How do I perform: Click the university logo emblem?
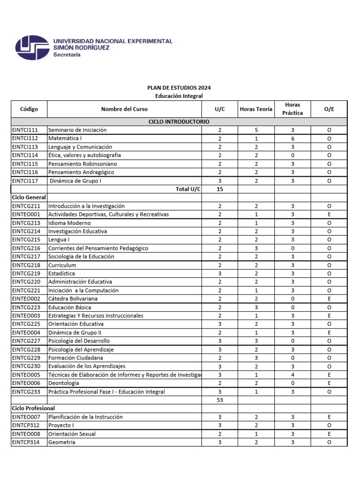click(x=32, y=48)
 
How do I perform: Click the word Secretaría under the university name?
click(x=67, y=55)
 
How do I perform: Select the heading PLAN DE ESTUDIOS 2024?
click(x=179, y=88)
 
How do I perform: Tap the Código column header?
click(x=29, y=109)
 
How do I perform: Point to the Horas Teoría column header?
click(x=255, y=109)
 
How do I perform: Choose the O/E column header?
click(x=329, y=109)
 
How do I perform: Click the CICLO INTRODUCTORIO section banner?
click(x=179, y=121)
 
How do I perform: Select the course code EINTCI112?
click(x=25, y=138)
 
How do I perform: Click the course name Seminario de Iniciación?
click(x=77, y=130)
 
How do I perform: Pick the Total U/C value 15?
click(x=219, y=189)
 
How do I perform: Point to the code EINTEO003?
click(x=26, y=315)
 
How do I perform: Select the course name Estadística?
click(x=61, y=273)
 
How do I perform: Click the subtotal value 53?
click(x=219, y=400)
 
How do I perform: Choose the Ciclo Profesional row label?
click(x=33, y=408)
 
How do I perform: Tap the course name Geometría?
click(x=61, y=442)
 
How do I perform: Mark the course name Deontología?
click(x=64, y=383)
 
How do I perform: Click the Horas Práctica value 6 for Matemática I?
click(x=292, y=138)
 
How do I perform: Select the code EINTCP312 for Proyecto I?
click(x=26, y=425)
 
